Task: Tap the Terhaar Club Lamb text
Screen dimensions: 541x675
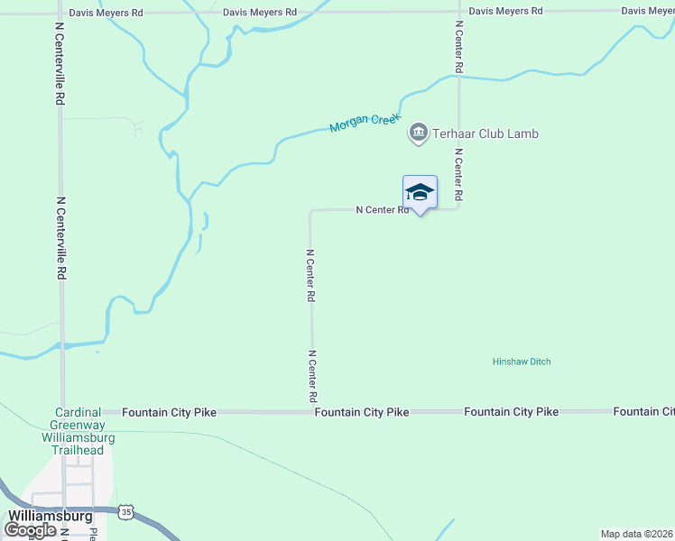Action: [x=486, y=133]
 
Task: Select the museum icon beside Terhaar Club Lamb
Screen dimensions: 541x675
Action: [x=418, y=133]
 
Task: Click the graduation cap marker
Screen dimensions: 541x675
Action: [x=420, y=192]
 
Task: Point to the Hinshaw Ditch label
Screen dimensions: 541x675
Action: [x=522, y=362]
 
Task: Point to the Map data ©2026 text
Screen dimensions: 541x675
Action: [x=636, y=534]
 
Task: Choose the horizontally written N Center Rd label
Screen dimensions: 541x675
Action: [x=383, y=210]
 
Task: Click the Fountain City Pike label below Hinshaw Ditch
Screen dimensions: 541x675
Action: [x=511, y=412]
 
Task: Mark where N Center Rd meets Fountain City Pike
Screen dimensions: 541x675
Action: [x=313, y=412]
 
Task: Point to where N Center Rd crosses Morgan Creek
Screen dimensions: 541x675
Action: [x=458, y=77]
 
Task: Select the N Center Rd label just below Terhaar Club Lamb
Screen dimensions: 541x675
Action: [x=458, y=174]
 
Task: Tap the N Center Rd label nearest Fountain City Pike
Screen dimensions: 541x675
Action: [x=312, y=376]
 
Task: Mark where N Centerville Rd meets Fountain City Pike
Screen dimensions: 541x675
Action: [x=61, y=412]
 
